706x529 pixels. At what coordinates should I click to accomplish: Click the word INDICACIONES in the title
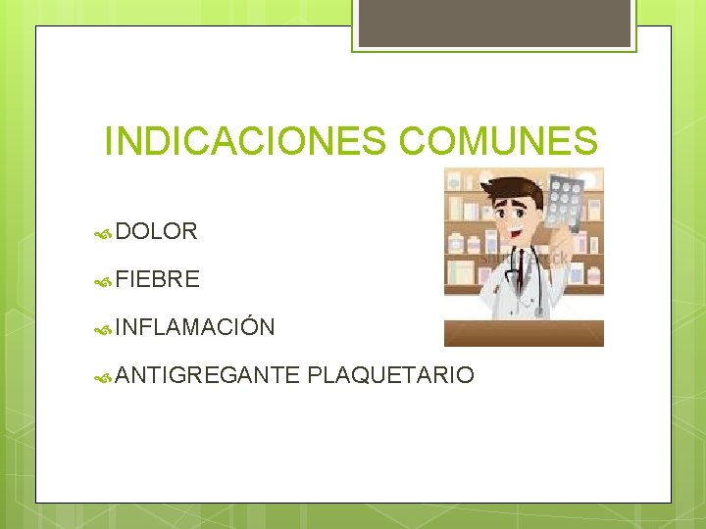[x=247, y=141]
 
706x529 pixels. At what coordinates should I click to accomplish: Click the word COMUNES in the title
[x=498, y=141]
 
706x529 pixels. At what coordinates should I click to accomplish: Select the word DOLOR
[x=156, y=231]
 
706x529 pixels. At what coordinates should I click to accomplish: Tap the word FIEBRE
[x=157, y=279]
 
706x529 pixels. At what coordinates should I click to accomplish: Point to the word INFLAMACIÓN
[x=194, y=326]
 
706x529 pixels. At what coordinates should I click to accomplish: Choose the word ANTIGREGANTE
[x=207, y=374]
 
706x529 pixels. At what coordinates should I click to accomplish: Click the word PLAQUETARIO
[x=390, y=374]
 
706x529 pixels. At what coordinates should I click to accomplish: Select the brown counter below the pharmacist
[x=524, y=333]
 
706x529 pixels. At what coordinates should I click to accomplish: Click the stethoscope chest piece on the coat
[x=538, y=311]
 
